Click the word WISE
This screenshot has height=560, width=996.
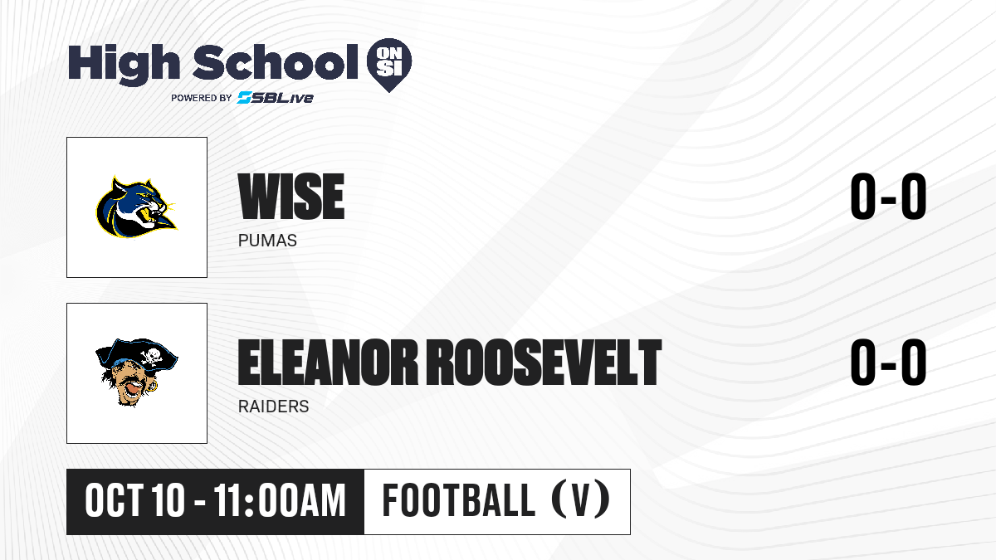(291, 196)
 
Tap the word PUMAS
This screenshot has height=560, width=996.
(267, 241)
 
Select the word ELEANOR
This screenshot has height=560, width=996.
(328, 362)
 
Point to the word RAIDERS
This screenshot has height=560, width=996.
(273, 407)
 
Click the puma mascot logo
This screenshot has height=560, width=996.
(136, 207)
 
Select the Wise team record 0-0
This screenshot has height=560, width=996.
(888, 196)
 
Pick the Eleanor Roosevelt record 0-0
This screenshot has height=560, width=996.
(888, 362)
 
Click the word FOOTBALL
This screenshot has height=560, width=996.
(459, 501)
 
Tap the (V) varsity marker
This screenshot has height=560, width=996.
(581, 501)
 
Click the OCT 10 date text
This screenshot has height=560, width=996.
(134, 501)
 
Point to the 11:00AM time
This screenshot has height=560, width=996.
(280, 501)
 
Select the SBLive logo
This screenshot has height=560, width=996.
(276, 97)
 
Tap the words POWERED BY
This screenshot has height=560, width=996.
(201, 98)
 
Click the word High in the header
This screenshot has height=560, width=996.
(124, 63)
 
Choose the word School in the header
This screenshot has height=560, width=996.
(276, 61)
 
